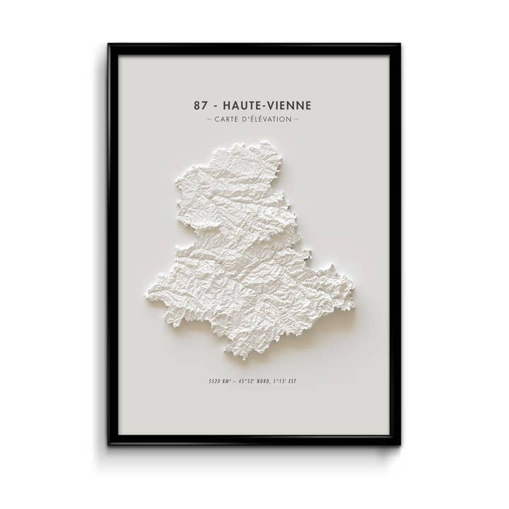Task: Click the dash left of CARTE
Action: click(x=209, y=119)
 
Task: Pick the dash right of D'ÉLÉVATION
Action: click(x=296, y=119)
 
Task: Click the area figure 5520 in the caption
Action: click(x=215, y=381)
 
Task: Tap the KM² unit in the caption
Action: click(x=228, y=381)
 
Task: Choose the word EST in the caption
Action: click(x=293, y=381)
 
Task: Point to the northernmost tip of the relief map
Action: click(x=267, y=142)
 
